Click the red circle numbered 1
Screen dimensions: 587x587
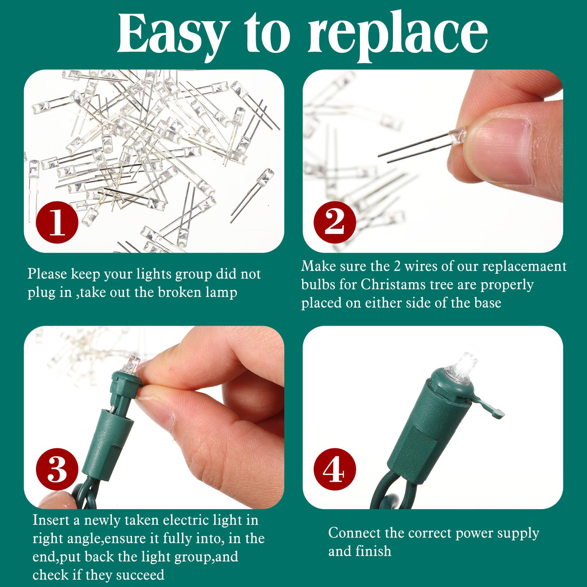57,222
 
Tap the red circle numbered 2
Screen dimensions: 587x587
335,222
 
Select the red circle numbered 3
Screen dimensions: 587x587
57,469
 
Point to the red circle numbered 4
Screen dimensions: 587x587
335,469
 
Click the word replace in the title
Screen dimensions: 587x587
398,37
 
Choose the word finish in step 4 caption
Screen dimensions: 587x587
375,551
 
